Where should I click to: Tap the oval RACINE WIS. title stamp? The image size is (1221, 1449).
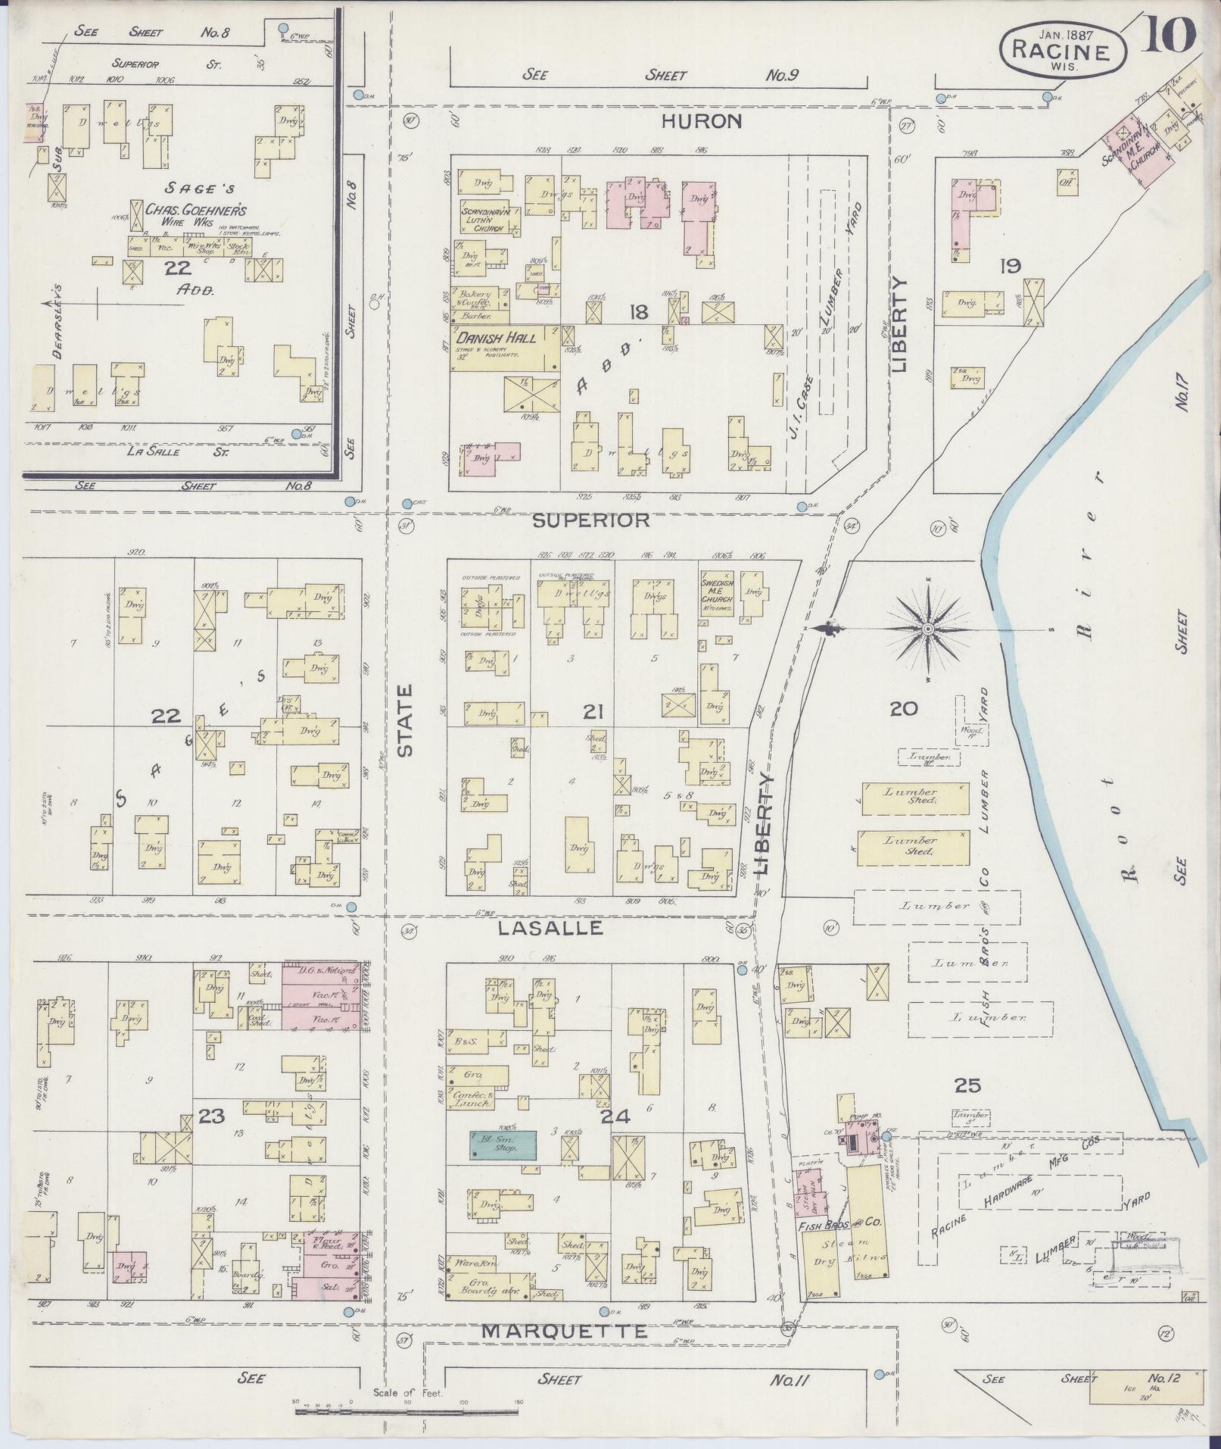click(1064, 49)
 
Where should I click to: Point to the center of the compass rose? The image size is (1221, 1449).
click(928, 629)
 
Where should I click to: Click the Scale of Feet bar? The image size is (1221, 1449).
click(408, 1411)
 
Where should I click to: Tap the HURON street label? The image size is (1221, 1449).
click(702, 121)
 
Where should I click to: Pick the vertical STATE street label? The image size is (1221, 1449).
click(405, 720)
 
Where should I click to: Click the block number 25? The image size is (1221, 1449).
click(967, 1085)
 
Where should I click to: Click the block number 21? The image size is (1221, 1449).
click(593, 711)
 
